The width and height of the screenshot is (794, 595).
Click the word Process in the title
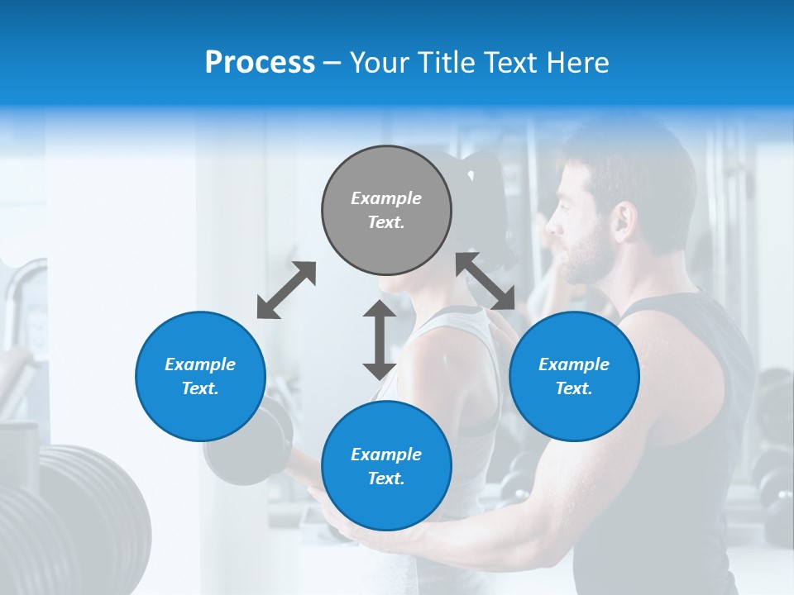click(260, 63)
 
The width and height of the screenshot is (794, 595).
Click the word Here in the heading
click(578, 63)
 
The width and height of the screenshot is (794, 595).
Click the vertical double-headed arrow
click(380, 340)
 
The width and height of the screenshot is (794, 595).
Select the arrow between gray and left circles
click(286, 290)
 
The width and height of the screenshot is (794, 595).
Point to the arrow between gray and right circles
click(485, 281)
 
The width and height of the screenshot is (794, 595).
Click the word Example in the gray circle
click(386, 198)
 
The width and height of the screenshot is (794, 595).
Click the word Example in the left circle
click(200, 364)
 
